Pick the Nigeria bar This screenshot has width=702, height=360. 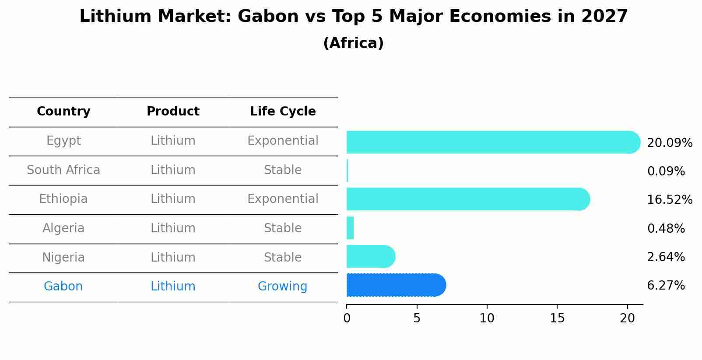(370, 256)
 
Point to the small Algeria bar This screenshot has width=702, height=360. (350, 228)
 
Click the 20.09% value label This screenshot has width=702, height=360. (669, 143)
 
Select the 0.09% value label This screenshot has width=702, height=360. (666, 171)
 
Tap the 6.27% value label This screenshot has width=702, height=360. (666, 286)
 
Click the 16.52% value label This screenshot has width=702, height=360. (669, 200)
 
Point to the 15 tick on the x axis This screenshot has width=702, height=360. (557, 318)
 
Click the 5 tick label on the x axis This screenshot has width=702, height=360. (417, 318)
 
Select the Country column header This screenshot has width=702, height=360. (63, 112)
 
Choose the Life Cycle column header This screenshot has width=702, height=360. (283, 112)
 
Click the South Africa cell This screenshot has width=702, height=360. (63, 170)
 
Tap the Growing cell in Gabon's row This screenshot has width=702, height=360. (282, 287)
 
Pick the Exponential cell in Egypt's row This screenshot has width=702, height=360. (283, 141)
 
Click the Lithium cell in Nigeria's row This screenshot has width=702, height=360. (173, 257)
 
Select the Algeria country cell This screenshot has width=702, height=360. (63, 228)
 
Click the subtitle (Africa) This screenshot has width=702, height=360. (353, 43)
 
